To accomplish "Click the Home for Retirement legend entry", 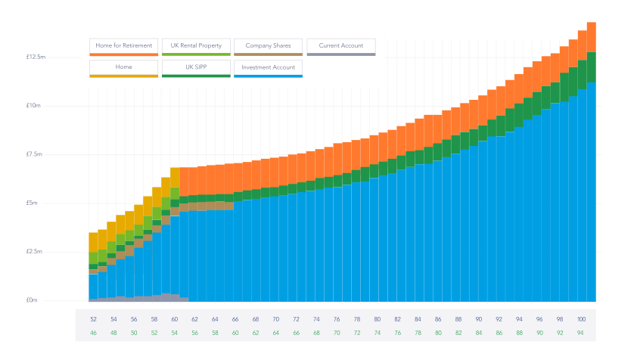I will (x=123, y=46).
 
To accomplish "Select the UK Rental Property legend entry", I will (x=196, y=46).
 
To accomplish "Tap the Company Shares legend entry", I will (x=268, y=46).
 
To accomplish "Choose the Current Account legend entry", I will (x=340, y=46).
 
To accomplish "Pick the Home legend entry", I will (x=123, y=67).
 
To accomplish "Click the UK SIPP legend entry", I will (x=196, y=67).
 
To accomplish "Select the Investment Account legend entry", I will (x=268, y=67).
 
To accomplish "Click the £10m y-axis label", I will (x=33, y=106).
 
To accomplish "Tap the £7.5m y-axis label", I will (x=33, y=154).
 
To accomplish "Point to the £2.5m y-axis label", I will (x=33, y=252).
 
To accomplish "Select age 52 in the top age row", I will (x=93, y=319).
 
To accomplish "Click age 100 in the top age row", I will (x=581, y=319).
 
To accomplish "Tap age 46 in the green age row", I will (x=93, y=333).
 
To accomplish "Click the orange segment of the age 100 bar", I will (x=591, y=37).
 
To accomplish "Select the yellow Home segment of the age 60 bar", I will (x=175, y=177).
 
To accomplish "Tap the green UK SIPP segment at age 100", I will (x=591, y=67).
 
